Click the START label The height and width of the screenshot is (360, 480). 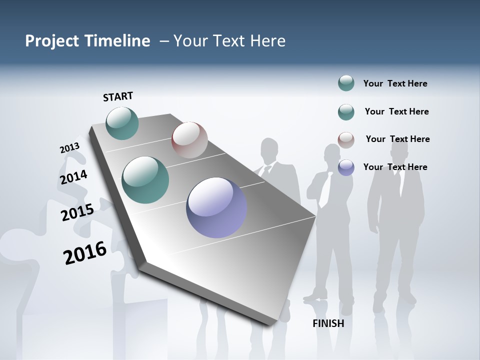(118, 96)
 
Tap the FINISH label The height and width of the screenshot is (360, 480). (328, 323)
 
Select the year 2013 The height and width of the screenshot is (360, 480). (69, 148)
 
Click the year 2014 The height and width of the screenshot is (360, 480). (73, 177)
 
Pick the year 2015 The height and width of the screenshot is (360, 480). (77, 212)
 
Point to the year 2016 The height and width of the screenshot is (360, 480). (85, 253)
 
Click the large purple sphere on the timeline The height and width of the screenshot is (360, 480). (216, 207)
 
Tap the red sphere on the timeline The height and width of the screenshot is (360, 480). (189, 140)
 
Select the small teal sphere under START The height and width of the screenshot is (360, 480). (122, 123)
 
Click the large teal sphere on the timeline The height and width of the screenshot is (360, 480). (145, 180)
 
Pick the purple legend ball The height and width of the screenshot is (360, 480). (346, 167)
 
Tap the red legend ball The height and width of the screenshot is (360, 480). (346, 140)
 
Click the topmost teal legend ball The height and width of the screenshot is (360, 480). (346, 83)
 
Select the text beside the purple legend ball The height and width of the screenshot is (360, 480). (395, 167)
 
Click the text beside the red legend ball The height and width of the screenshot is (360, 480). (397, 139)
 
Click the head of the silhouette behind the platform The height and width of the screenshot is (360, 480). (269, 149)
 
